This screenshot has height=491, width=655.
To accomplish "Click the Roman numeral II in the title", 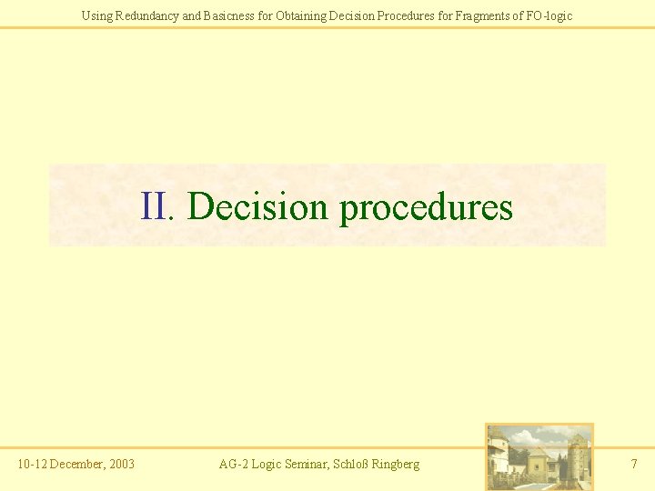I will click(x=156, y=206).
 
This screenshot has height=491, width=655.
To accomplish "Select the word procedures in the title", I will click(x=426, y=208).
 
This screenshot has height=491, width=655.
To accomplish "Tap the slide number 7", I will click(x=634, y=465).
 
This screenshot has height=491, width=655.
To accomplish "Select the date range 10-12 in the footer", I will click(x=32, y=465).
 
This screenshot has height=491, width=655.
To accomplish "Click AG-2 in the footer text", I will click(x=235, y=465).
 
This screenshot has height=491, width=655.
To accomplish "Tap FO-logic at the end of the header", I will click(x=548, y=15).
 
